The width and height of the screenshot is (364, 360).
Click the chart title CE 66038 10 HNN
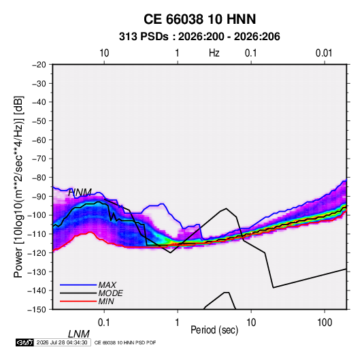[199, 19]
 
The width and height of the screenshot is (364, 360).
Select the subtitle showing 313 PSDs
[199, 37]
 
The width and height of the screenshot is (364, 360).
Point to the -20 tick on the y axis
[39, 65]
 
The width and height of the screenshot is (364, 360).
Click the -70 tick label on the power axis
[39, 159]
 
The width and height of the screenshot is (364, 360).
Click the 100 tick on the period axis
[325, 323]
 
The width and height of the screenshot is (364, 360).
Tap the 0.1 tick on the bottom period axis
[104, 323]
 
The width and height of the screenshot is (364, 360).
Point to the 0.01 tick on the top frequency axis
[324, 53]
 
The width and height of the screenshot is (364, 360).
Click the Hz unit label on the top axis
[214, 53]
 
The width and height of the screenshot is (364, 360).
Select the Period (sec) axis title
[214, 330]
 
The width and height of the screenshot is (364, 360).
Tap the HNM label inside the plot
[80, 193]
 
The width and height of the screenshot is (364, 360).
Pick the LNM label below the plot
[79, 334]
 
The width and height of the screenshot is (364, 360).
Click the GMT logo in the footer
[24, 342]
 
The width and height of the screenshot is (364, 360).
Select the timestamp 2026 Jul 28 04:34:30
[62, 342]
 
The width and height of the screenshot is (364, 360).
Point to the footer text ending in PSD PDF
[125, 342]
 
